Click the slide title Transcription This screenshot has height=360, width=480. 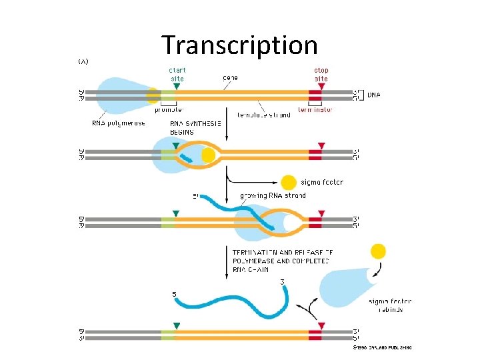coord(239,45)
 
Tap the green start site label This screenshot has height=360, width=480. coord(177,73)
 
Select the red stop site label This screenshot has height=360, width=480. coord(321,73)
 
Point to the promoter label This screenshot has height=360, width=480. coord(169,110)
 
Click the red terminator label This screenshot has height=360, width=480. coord(315,110)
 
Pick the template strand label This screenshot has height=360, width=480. coord(264,115)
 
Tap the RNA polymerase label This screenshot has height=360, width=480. coord(119,123)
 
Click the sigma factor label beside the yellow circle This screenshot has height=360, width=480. coord(322,182)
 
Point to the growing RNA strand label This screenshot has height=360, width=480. coord(273,196)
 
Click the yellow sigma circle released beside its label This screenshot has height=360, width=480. coord(289,182)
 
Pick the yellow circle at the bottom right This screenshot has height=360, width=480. coord(378,251)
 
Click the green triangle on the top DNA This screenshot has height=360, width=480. coord(176,85)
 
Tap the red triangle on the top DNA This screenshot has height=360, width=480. coord(321,85)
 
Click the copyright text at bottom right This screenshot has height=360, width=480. coord(382,347)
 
